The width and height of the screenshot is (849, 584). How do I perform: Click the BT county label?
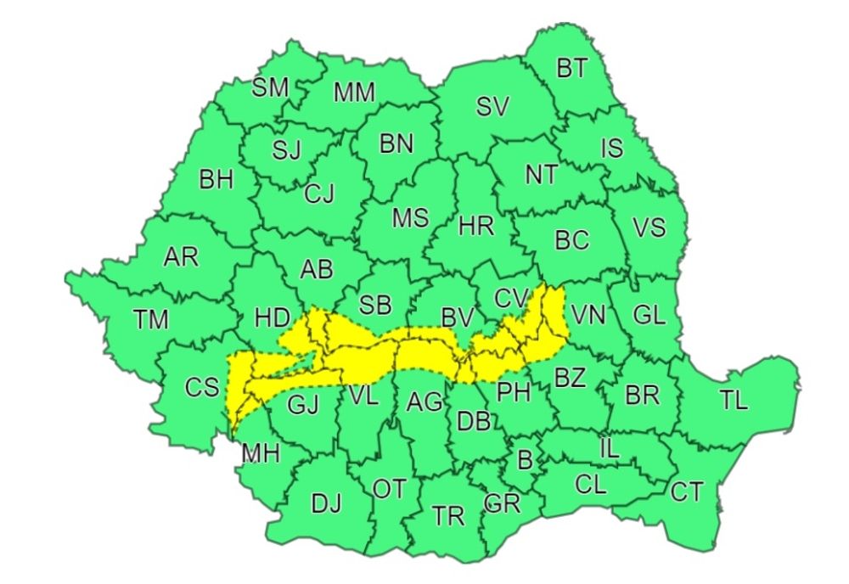tap(572, 69)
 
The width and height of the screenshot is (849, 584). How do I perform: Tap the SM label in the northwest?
tap(271, 87)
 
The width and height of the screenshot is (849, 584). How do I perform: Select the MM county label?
tap(354, 93)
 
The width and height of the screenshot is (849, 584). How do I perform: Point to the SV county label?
tap(492, 107)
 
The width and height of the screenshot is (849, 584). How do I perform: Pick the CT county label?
tap(687, 491)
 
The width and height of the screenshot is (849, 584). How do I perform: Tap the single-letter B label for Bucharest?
tap(524, 461)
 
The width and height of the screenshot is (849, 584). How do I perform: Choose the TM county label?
tap(151, 319)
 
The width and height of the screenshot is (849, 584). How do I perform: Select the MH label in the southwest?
tap(260, 453)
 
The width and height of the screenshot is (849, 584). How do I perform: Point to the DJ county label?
tap(326, 503)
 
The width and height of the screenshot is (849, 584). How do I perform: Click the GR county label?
tap(501, 503)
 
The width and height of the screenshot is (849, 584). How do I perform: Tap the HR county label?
tap(475, 227)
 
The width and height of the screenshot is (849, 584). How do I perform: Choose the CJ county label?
tap(319, 194)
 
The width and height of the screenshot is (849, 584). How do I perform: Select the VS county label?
tap(649, 227)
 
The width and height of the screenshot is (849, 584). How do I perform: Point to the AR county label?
tap(181, 257)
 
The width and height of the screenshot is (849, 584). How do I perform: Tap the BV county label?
tap(457, 317)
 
